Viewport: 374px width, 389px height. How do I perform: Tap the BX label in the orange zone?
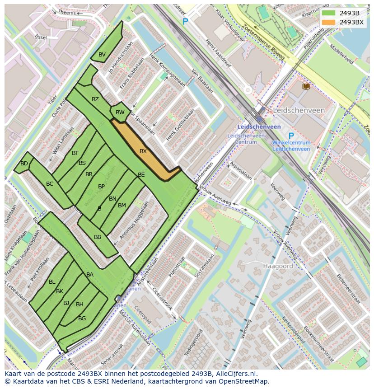tap(143, 151)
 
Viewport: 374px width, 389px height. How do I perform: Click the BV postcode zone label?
tap(102, 55)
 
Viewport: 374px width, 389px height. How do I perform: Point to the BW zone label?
tap(120, 112)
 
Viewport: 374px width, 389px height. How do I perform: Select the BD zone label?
tap(24, 164)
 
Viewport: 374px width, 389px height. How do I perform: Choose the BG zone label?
tap(82, 319)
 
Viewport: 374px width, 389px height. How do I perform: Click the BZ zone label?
tap(95, 99)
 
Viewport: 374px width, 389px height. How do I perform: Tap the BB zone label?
tap(98, 237)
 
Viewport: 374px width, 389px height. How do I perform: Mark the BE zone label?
tap(141, 175)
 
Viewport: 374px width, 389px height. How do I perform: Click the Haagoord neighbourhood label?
tap(278, 266)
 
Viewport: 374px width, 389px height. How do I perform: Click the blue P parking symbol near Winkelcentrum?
tap(291, 136)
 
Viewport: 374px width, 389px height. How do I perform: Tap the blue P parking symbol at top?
tap(185, 21)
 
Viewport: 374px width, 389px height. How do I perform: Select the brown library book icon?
tap(306, 86)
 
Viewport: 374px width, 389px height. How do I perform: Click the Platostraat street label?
tap(177, 267)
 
